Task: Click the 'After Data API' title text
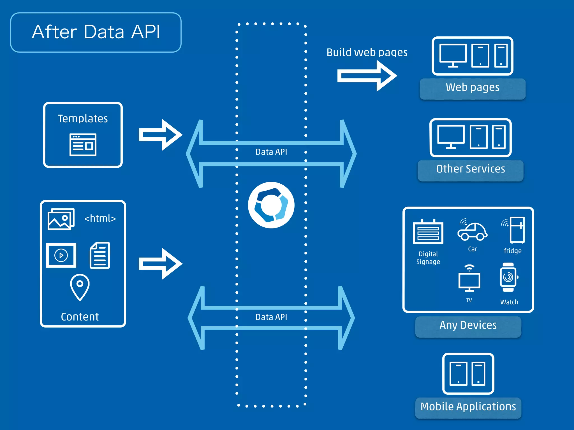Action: tap(96, 32)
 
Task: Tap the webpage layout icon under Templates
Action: tap(83, 145)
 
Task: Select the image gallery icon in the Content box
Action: tap(61, 219)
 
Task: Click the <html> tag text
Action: tap(100, 218)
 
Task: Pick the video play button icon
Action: tap(61, 255)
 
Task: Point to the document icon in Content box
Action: tap(100, 255)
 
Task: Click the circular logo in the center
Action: tap(271, 205)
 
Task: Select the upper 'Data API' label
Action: tap(271, 152)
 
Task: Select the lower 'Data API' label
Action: tap(271, 317)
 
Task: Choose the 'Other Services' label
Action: tap(471, 169)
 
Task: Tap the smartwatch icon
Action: tap(508, 277)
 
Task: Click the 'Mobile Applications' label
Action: tap(468, 407)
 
